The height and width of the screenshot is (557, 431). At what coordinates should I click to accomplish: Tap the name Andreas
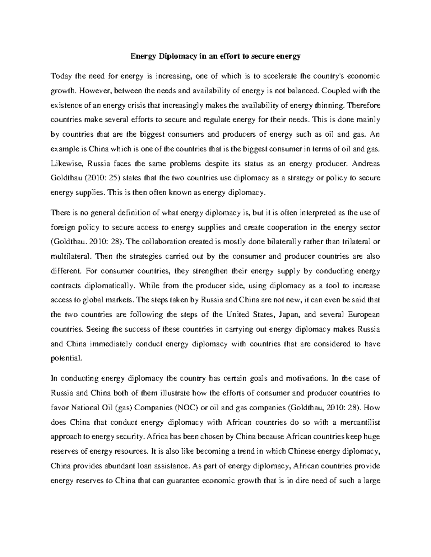point(366,164)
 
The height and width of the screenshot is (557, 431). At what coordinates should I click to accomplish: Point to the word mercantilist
point(362,422)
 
